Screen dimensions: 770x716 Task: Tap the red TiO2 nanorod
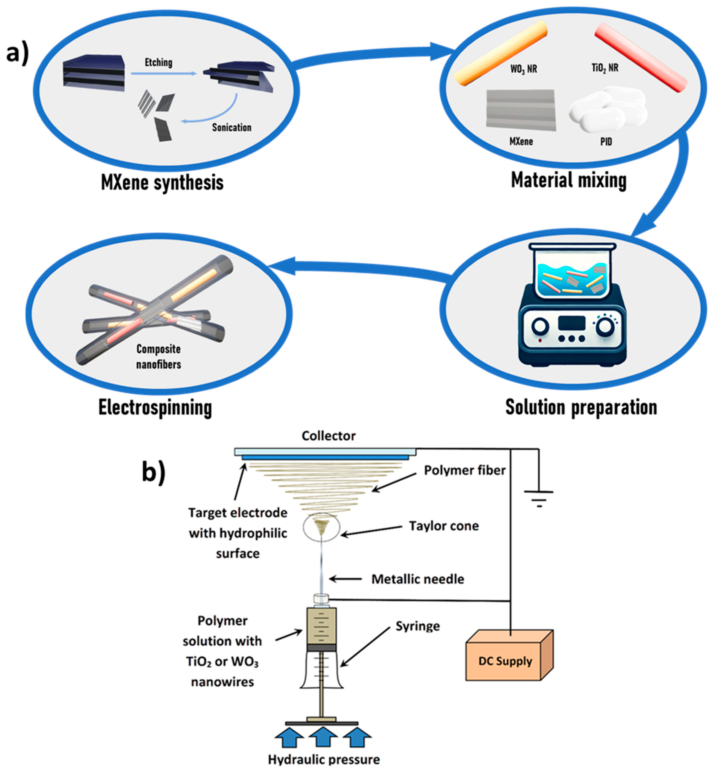click(641, 56)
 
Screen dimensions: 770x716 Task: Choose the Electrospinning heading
click(155, 408)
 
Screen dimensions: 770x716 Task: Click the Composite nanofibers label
click(158, 356)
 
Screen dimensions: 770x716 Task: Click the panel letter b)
click(154, 473)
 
